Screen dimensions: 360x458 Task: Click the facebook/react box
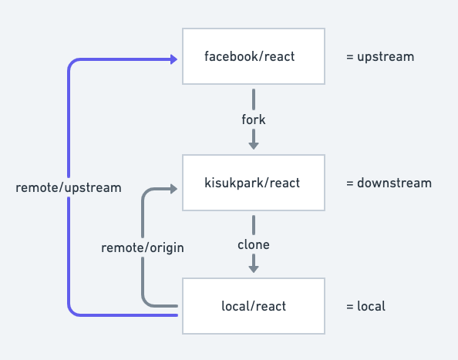pyautogui.click(x=253, y=56)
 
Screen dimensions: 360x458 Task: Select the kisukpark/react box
pyautogui.click(x=253, y=183)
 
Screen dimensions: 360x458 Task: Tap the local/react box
pyautogui.click(x=253, y=306)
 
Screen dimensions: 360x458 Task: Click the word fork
pyautogui.click(x=253, y=120)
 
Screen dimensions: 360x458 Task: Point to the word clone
pyautogui.click(x=253, y=245)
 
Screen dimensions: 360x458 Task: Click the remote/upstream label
pyautogui.click(x=69, y=187)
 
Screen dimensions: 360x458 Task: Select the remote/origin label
pyautogui.click(x=143, y=247)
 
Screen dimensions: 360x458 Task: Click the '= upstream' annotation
pyautogui.click(x=380, y=57)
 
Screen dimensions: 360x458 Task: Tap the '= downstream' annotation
pyautogui.click(x=389, y=183)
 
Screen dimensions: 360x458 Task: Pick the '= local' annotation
pyautogui.click(x=365, y=307)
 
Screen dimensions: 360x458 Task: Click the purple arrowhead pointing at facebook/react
pyautogui.click(x=172, y=59)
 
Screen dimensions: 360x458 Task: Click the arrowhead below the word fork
pyautogui.click(x=253, y=144)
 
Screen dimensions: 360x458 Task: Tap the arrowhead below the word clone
pyautogui.click(x=253, y=268)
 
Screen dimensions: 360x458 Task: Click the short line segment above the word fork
pyautogui.click(x=253, y=99)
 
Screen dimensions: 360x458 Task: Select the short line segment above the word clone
pyautogui.click(x=253, y=224)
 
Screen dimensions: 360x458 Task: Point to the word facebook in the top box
pyautogui.click(x=229, y=56)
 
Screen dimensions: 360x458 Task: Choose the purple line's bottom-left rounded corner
pyautogui.click(x=73, y=310)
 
